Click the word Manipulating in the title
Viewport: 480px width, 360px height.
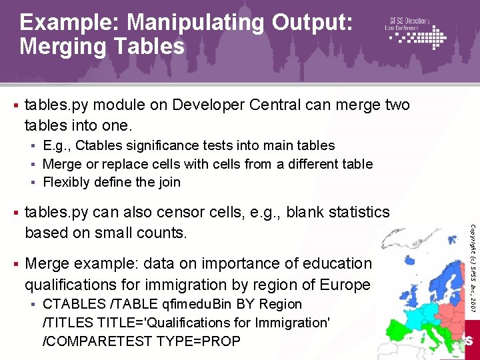197,23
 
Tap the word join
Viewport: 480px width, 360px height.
168,182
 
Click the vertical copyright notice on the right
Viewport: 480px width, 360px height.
472,267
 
